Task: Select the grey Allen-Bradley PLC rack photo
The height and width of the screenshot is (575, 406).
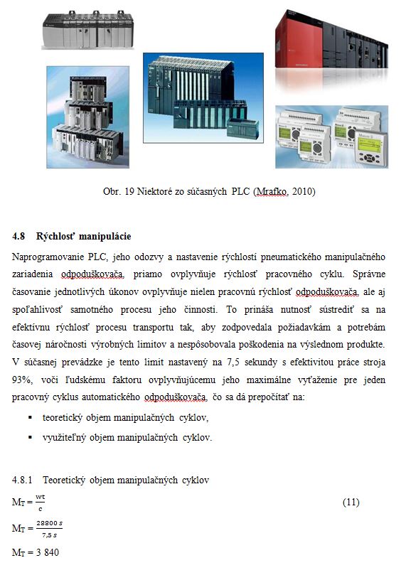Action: [x=87, y=30]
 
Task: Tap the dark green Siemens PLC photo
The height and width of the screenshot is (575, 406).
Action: [x=203, y=98]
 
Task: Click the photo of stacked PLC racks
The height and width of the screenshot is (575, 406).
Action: [x=87, y=117]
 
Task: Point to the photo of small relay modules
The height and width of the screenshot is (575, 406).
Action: [x=331, y=136]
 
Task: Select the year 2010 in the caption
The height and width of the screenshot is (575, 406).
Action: [x=304, y=191]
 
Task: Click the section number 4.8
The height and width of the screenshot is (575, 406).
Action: [x=18, y=236]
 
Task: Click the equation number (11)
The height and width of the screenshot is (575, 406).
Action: [x=351, y=502]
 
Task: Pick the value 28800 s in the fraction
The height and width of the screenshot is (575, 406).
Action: [x=49, y=523]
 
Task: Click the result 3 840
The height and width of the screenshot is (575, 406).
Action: [x=48, y=552]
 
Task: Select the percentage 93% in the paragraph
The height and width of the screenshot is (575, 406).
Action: [x=21, y=380]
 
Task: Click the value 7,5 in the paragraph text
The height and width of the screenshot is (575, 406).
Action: [x=233, y=362]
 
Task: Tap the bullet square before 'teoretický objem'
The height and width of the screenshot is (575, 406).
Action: [x=30, y=418]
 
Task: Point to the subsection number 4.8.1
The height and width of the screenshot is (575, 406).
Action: [x=22, y=480]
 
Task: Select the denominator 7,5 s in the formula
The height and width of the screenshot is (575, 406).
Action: [x=49, y=535]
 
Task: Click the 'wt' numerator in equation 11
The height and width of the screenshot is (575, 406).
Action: [x=41, y=497]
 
